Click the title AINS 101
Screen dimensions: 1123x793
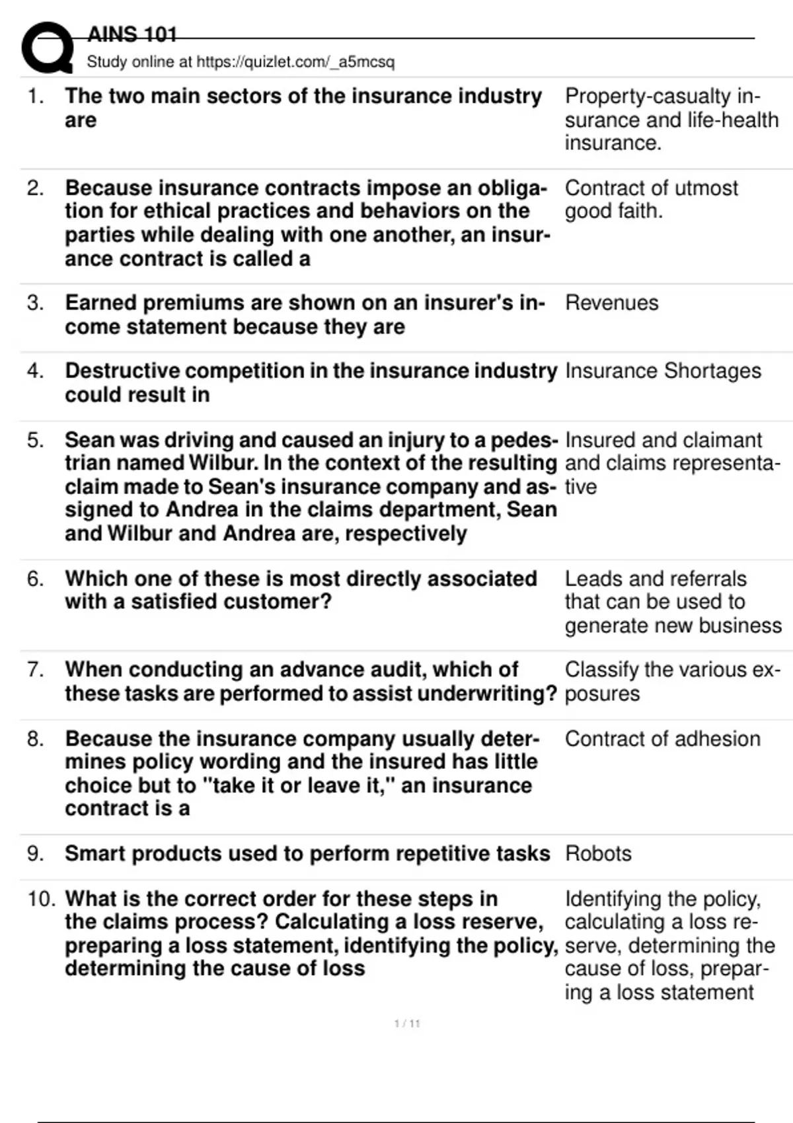click(132, 34)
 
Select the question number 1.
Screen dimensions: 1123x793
click(36, 96)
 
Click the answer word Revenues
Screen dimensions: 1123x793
click(611, 303)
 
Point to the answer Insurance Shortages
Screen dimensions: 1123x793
click(663, 371)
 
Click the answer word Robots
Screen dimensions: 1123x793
click(598, 853)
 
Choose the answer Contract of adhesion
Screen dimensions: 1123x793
click(662, 739)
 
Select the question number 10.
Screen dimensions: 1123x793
click(41, 899)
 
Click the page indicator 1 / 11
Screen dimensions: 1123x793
click(407, 1024)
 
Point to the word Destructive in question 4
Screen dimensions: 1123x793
click(122, 371)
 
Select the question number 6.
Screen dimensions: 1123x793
click(36, 579)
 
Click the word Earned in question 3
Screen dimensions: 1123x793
click(100, 303)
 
